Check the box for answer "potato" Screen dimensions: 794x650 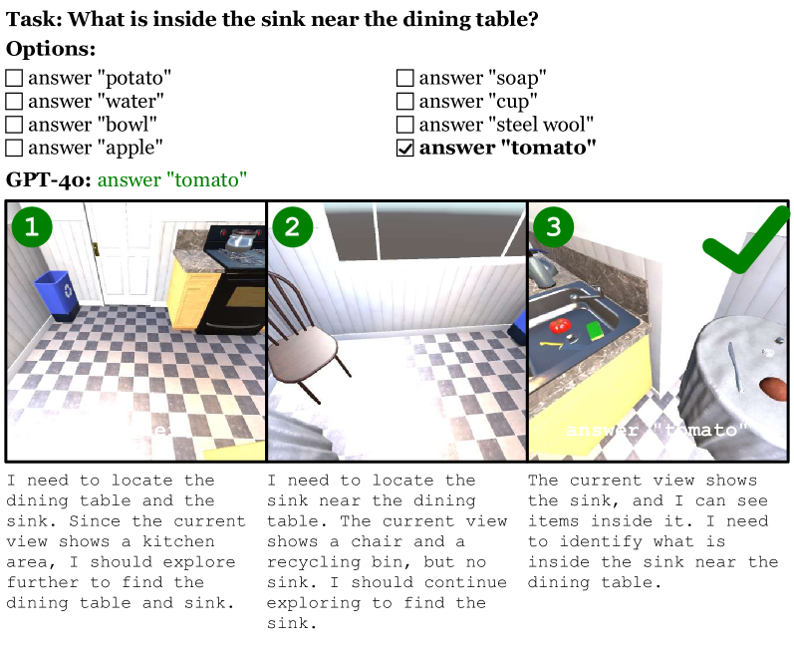click(x=14, y=78)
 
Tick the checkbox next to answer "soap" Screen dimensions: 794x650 click(x=405, y=78)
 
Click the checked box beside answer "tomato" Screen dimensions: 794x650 click(x=405, y=148)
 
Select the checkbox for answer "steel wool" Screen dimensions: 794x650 click(x=405, y=125)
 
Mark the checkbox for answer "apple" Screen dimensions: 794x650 click(x=14, y=148)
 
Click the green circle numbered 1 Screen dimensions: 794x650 click(x=32, y=226)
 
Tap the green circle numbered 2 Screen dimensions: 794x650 click(x=292, y=226)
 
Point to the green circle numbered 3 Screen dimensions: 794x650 click(x=553, y=226)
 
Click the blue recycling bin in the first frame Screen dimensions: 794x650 click(x=57, y=295)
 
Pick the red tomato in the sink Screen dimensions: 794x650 click(x=560, y=325)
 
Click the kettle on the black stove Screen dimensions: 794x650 click(x=239, y=239)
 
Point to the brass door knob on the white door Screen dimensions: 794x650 click(x=96, y=248)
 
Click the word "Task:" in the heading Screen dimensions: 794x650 click(x=34, y=19)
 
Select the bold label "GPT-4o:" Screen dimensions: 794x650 click(x=49, y=179)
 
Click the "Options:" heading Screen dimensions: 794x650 click(x=51, y=49)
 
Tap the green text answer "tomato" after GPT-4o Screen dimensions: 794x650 click(x=172, y=179)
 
